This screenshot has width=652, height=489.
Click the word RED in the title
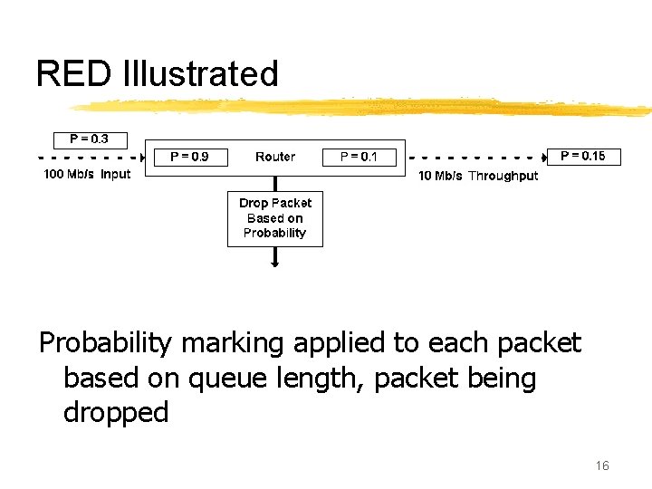pos(73,73)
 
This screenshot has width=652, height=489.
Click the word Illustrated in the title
pos(200,73)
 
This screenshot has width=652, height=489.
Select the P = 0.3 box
pos(89,139)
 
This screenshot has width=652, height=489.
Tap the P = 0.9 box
pos(189,157)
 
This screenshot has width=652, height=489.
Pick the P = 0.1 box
pos(359,157)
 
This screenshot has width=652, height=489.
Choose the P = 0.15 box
pos(583,156)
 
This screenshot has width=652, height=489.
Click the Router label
pos(275,157)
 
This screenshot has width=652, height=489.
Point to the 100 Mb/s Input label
pos(88,174)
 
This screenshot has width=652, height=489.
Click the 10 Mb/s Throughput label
pos(477,176)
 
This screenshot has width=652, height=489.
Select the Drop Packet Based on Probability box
pos(274,218)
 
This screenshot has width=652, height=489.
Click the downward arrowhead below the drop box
pos(275,264)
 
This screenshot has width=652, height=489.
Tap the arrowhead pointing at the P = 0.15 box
pos(544,157)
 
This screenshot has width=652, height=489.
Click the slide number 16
pos(602,465)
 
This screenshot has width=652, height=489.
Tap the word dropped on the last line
pos(116,413)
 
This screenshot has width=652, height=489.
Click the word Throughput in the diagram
pos(503,176)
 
